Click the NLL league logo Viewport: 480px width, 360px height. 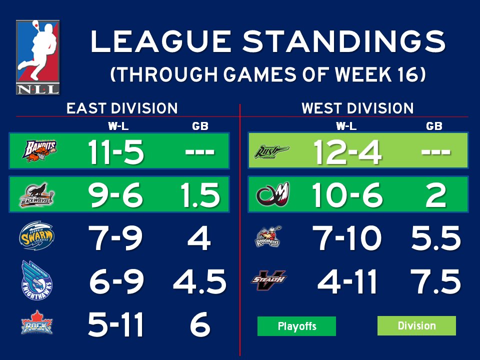coord(37,57)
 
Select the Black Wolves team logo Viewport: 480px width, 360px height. coord(37,194)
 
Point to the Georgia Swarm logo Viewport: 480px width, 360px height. coord(36,236)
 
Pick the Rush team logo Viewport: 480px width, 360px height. coord(271,150)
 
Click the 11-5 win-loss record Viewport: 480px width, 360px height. coord(116,151)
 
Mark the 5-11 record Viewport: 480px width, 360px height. coord(116,324)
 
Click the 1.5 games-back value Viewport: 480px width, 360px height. coord(199,195)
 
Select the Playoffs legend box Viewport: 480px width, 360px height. coord(296,326)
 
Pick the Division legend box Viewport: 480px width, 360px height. coord(416,326)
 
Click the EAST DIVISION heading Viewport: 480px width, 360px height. coord(122,108)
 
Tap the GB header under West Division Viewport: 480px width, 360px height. coord(434,126)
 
